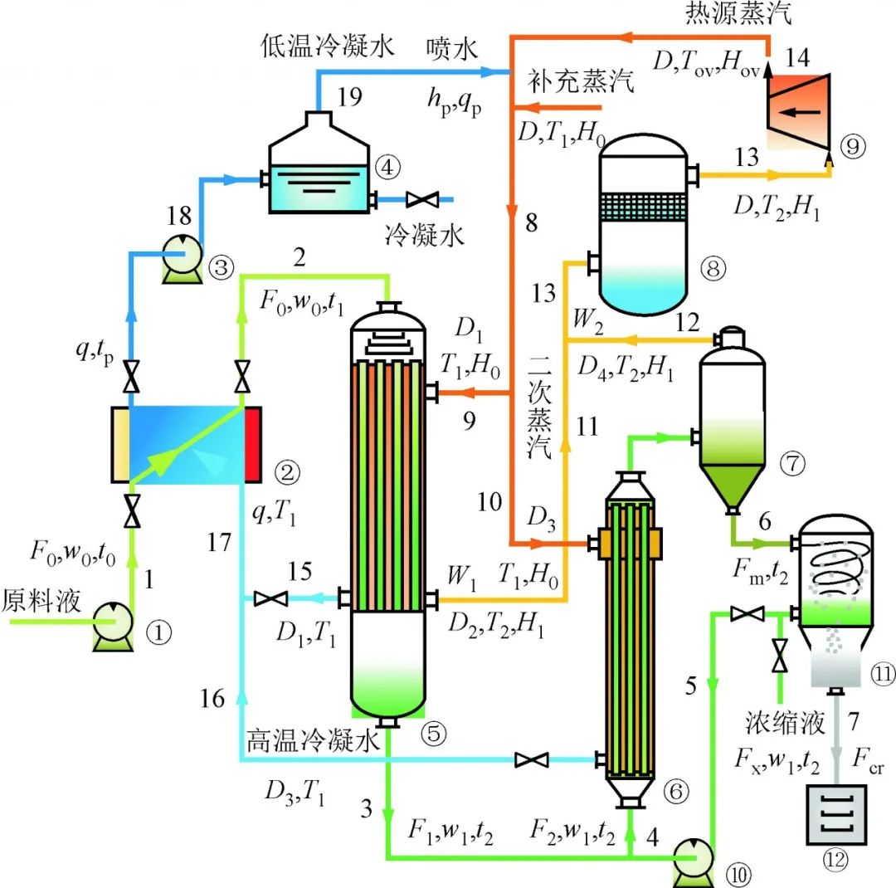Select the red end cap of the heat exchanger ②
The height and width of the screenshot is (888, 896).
point(253,444)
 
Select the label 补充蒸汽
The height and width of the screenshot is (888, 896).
point(581,82)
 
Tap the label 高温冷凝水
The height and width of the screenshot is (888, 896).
point(312,739)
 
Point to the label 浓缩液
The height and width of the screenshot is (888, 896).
point(783,723)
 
